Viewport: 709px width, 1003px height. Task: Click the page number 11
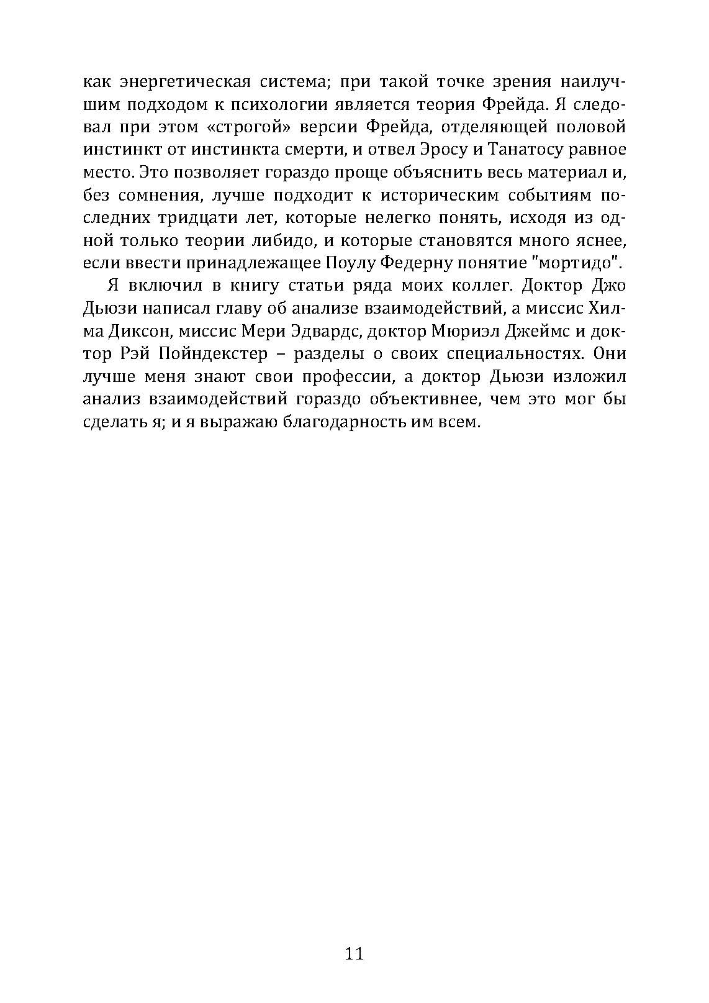pos(354,953)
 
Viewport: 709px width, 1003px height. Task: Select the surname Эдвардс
pos(324,332)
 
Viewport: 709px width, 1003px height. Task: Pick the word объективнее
pos(423,399)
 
